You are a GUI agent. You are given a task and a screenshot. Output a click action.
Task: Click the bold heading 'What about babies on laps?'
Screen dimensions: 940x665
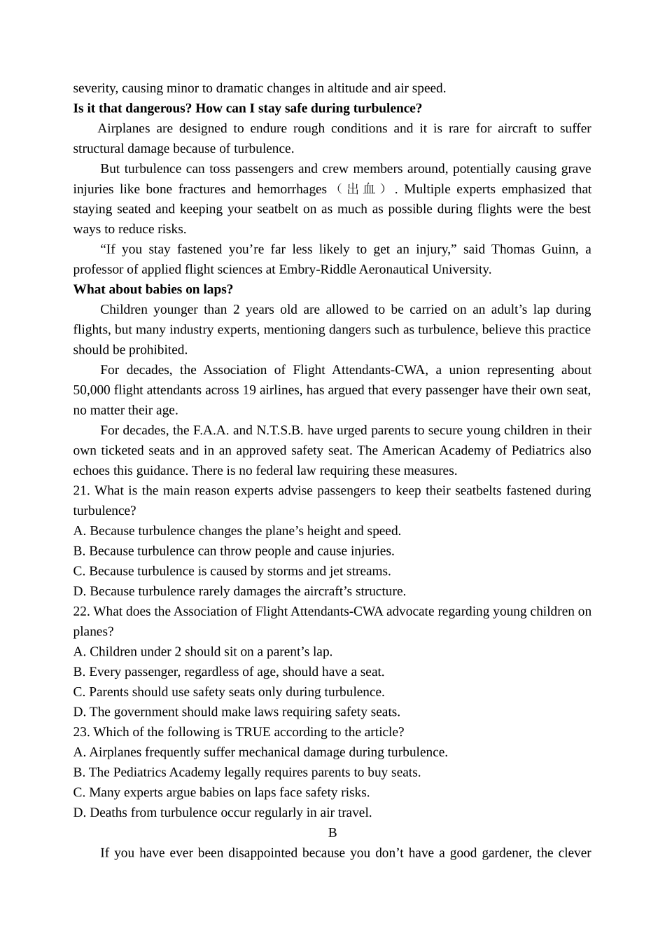tap(153, 289)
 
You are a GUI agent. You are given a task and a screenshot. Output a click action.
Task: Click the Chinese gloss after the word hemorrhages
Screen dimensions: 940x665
tap(360, 189)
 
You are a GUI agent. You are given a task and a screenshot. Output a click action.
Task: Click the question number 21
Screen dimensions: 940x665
tap(81, 490)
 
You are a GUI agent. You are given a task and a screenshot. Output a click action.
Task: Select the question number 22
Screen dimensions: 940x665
tap(81, 611)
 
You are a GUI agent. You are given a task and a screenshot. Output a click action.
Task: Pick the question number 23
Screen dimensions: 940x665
tap(81, 732)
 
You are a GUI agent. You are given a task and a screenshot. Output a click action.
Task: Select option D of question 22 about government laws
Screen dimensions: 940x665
tap(237, 712)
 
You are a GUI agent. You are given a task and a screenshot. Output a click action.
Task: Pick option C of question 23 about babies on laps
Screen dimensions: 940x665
tap(221, 793)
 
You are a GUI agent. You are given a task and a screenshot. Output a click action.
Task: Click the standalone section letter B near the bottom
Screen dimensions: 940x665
tap(332, 833)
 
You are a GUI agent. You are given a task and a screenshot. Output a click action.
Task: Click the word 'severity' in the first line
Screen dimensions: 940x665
tap(95, 88)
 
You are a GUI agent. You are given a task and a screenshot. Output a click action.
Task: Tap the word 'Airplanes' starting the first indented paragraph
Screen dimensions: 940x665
tap(123, 128)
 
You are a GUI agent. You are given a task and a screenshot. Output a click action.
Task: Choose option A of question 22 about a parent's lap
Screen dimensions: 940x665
tap(203, 651)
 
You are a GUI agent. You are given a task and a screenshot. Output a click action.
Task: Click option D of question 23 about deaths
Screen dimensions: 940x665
tap(223, 813)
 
